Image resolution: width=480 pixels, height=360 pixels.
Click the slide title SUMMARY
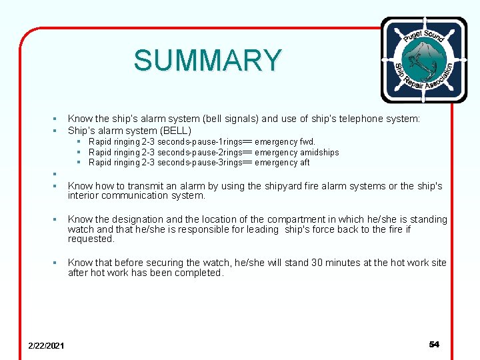pos(207,61)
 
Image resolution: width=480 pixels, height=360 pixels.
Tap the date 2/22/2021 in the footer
pos(46,345)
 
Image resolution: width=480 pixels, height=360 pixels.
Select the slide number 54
pos(434,345)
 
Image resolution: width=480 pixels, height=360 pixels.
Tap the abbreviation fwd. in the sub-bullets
pos(307,142)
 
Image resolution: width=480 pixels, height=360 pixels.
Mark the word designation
pos(142,219)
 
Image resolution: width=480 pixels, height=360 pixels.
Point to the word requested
pos(91,239)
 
